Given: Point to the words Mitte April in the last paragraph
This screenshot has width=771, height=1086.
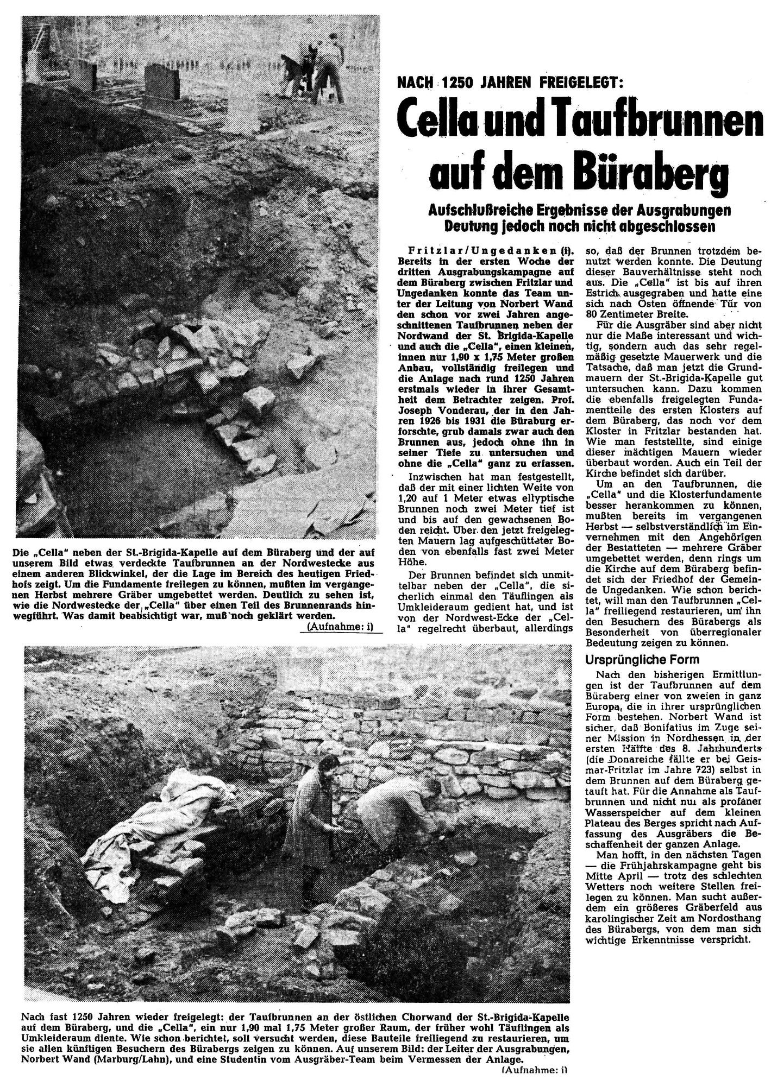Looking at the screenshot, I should (x=612, y=876).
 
